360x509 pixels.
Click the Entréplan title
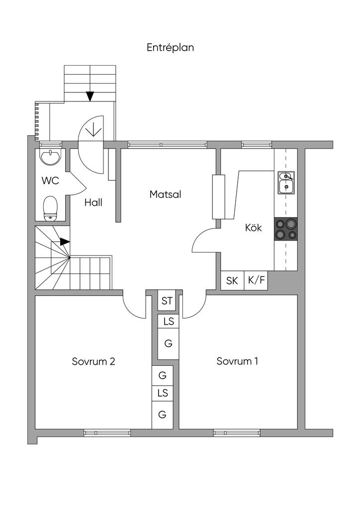click(x=170, y=47)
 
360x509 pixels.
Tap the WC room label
click(x=50, y=180)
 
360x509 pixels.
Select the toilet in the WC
click(x=50, y=208)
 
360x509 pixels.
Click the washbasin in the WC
click(x=50, y=157)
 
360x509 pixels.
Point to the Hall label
click(x=93, y=203)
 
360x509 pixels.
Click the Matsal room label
click(x=165, y=194)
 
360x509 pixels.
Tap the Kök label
click(x=253, y=228)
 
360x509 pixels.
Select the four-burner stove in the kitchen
click(x=285, y=229)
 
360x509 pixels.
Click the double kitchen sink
click(x=286, y=183)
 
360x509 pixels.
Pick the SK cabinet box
click(x=232, y=280)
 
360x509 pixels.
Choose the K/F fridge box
click(x=256, y=280)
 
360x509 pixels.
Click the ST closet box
click(x=167, y=301)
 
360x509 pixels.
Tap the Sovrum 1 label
click(x=237, y=361)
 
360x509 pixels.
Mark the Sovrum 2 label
click(x=93, y=361)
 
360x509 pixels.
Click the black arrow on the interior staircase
click(x=65, y=242)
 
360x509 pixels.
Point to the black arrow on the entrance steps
click(x=90, y=96)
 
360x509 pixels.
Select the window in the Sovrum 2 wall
click(x=107, y=432)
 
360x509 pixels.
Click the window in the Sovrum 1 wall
click(x=237, y=432)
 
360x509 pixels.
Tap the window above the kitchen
click(x=257, y=145)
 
